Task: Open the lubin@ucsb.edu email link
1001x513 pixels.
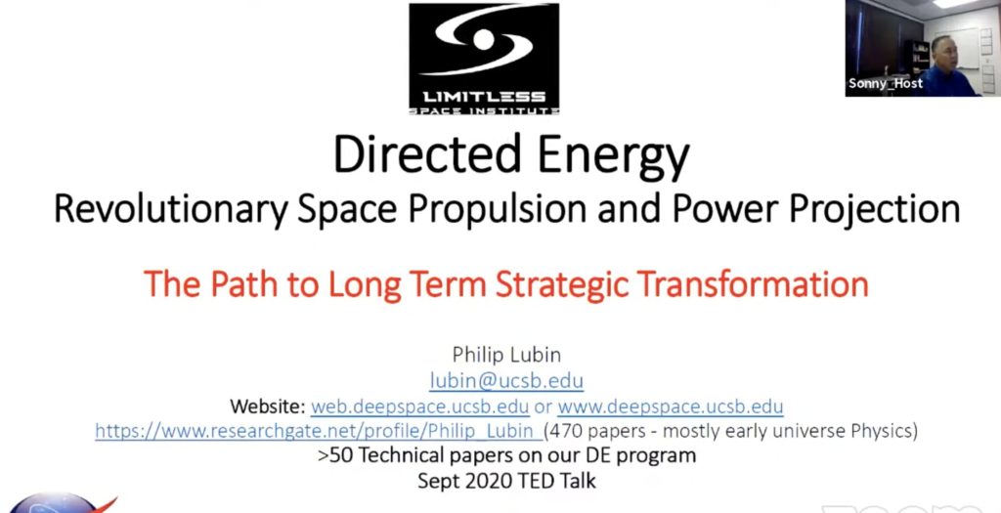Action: click(506, 381)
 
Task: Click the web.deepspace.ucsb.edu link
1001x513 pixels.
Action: click(420, 406)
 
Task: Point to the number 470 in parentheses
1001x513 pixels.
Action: click(570, 430)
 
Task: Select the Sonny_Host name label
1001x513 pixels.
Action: click(886, 83)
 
